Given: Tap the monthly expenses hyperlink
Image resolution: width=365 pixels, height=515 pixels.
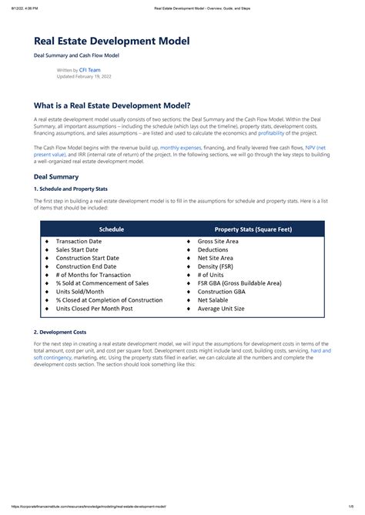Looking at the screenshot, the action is tap(180, 146).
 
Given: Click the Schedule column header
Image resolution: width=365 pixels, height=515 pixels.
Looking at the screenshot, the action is tap(112, 229).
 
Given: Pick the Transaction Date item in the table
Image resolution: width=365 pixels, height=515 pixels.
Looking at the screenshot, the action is tap(79, 241).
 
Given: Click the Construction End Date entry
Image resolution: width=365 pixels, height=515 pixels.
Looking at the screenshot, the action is tap(86, 266).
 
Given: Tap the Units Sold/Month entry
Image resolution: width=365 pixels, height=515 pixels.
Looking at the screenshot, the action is tap(79, 292).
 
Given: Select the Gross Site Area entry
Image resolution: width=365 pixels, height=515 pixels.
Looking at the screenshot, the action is tap(218, 241).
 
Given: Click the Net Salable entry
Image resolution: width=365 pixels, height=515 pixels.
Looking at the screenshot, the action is tap(213, 300).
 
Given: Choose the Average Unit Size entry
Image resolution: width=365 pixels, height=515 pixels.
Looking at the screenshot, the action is tap(221, 309).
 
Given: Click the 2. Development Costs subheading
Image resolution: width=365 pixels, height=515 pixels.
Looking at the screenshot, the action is tap(65, 333).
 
